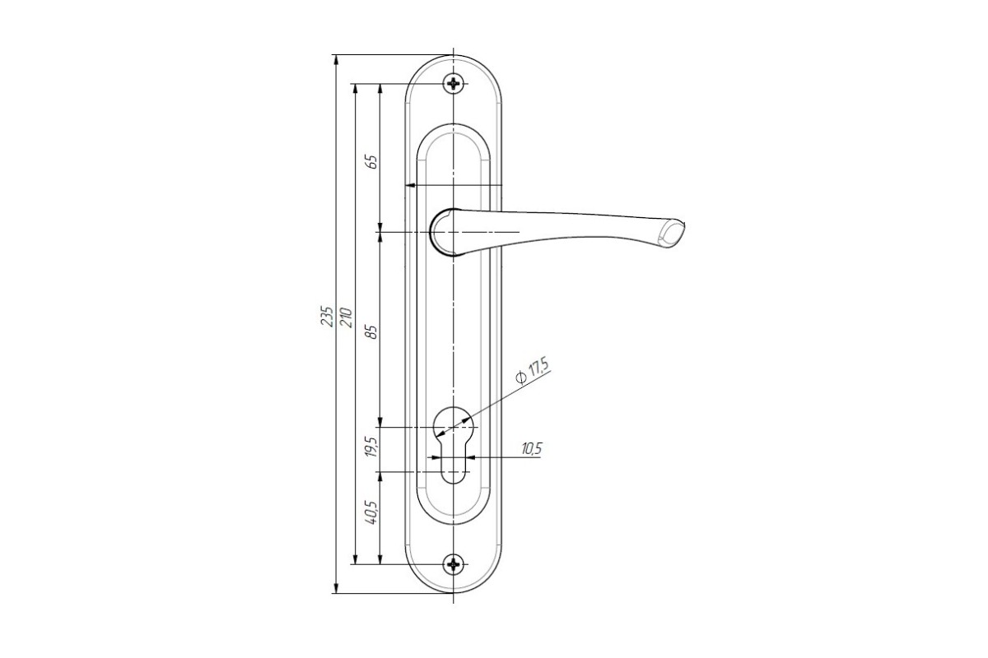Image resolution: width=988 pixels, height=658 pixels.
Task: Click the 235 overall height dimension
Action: coord(327,316)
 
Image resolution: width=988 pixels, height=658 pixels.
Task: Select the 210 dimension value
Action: coord(347,317)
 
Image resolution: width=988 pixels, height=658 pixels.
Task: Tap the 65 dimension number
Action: coord(372,162)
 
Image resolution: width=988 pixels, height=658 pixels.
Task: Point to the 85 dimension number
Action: coord(373,331)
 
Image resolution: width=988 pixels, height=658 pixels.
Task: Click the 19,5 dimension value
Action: coord(372,447)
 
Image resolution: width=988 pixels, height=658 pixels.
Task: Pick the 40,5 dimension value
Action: coord(372,512)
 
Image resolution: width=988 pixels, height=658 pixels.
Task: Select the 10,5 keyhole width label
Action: coord(531,449)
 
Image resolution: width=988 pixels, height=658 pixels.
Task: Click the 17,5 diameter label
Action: coord(538,368)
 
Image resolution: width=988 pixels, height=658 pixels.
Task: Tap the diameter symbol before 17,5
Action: coord(520,378)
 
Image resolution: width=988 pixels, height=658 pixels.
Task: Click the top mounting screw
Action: coord(454,83)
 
